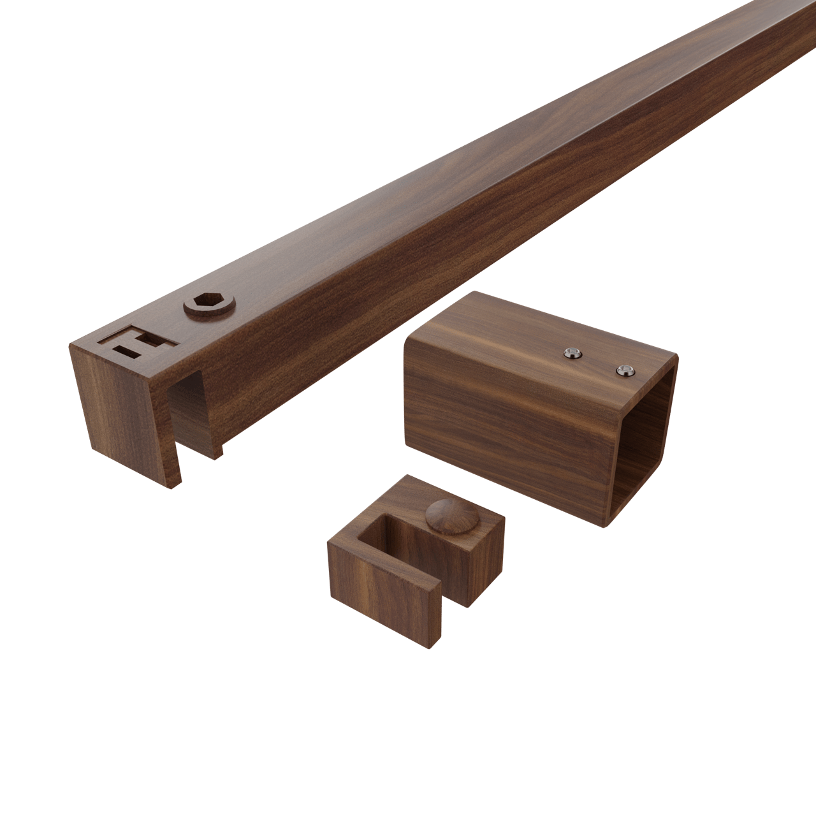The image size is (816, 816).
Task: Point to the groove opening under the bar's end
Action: (185, 414)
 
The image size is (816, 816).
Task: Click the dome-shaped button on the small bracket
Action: (445, 514)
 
